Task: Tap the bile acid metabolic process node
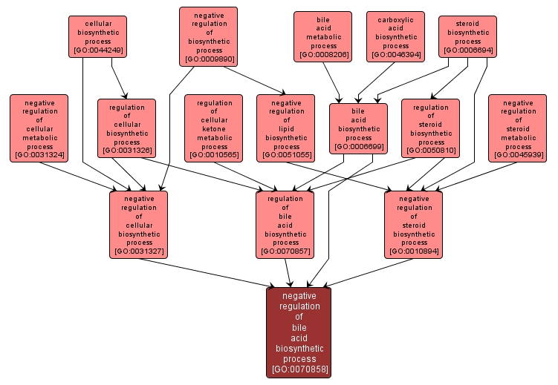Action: click(322, 36)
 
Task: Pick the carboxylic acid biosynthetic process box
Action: click(395, 36)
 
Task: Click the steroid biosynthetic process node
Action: click(468, 36)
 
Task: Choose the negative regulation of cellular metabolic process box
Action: click(39, 128)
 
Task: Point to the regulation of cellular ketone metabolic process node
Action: click(214, 128)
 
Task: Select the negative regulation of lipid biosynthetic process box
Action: click(285, 128)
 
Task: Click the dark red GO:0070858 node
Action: click(299, 332)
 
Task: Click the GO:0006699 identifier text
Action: click(359, 147)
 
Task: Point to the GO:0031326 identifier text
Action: click(126, 151)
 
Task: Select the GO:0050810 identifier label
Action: click(431, 151)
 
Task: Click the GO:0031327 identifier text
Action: click(139, 251)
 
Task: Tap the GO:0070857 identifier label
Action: click(285, 251)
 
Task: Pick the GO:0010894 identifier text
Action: click(414, 251)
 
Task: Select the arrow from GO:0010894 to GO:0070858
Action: click(357, 273)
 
